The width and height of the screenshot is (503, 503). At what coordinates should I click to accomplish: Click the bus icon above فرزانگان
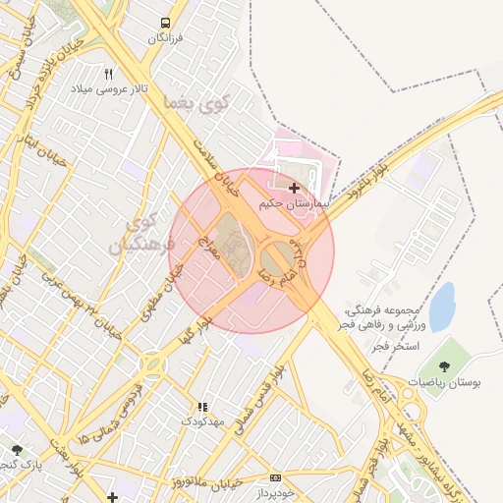click(165, 23)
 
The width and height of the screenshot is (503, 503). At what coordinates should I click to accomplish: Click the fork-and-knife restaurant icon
click(108, 73)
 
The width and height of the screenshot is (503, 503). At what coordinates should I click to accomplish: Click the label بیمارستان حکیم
click(292, 203)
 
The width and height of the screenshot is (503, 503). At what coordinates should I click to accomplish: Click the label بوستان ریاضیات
click(448, 381)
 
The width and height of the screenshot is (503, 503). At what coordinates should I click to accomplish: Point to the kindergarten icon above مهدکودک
click(203, 407)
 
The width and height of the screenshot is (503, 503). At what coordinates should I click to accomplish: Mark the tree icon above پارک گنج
click(17, 450)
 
